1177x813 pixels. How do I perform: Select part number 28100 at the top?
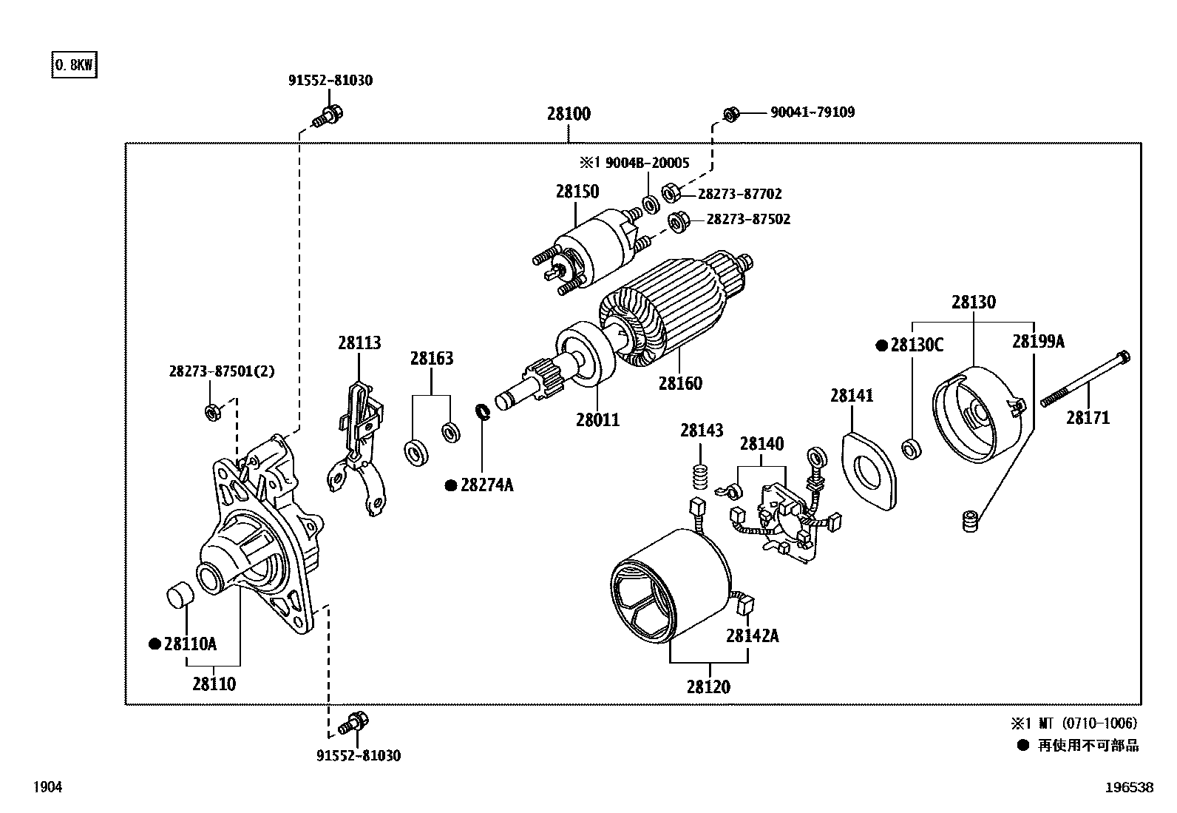pos(569,114)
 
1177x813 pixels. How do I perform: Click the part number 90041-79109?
pos(813,112)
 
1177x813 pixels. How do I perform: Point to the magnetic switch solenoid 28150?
pos(591,248)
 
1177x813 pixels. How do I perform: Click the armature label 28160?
pos(680,383)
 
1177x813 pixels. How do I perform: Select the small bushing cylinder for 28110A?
pos(178,596)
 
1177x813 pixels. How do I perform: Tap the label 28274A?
pos(486,485)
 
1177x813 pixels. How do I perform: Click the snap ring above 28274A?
pos(483,411)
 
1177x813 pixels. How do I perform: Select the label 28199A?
pos(1038,341)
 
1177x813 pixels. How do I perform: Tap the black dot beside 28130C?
pos(881,345)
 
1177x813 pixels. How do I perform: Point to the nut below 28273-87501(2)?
pos(211,412)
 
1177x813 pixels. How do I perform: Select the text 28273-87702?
pos(739,194)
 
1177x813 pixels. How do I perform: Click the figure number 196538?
pos(1128,788)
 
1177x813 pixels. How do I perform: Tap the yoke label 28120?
pos(708,687)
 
